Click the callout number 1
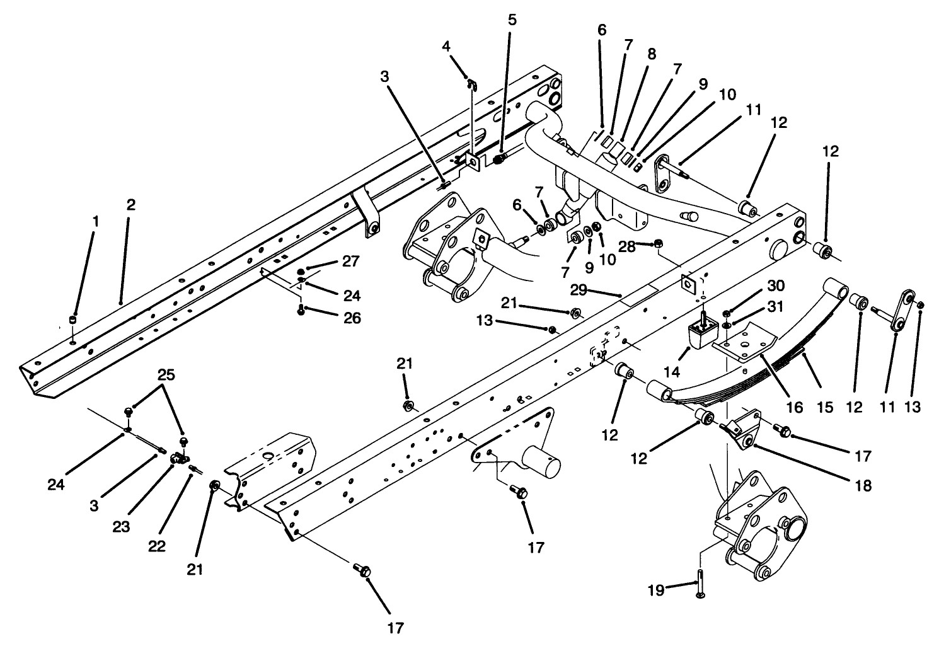coord(96,221)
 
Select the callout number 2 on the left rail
coord(130,205)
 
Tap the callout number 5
coord(512,20)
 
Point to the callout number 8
coord(651,54)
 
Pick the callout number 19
coord(655,590)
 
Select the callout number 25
coord(166,374)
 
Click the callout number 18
coord(863,485)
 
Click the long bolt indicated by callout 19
coord(701,584)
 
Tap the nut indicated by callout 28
coord(658,243)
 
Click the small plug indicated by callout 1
coord(74,320)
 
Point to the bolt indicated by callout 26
coord(301,309)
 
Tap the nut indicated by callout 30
coord(727,313)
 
